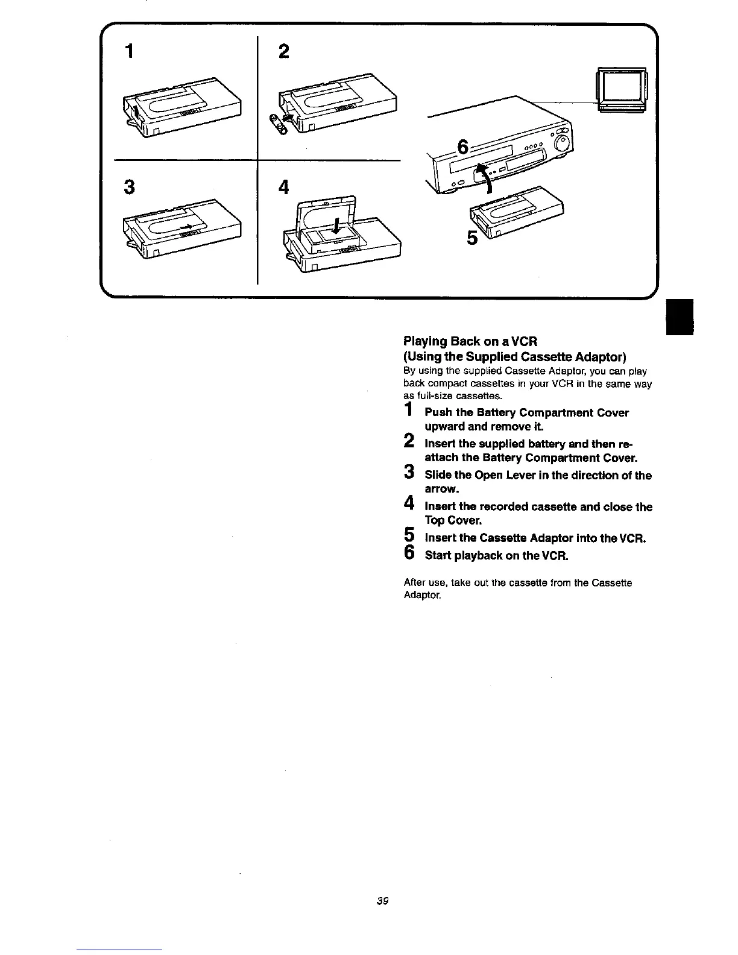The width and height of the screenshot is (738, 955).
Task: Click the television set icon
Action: (621, 90)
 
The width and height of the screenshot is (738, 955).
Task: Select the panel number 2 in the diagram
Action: (284, 52)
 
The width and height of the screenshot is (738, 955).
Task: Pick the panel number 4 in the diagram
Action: (284, 188)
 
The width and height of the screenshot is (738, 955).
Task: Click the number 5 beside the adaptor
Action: (473, 239)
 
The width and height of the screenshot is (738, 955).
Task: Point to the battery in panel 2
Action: (279, 124)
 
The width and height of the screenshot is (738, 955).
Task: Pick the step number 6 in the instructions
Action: (409, 553)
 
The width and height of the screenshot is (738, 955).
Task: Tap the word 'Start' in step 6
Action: (438, 555)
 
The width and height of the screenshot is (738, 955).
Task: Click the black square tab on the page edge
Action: (680, 319)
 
